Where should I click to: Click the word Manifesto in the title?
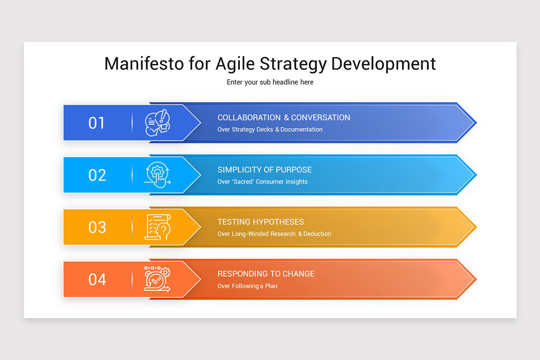[x=144, y=63]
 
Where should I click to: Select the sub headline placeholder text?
[x=270, y=82]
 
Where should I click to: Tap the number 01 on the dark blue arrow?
[x=96, y=123]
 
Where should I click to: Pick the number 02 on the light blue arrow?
[x=97, y=175]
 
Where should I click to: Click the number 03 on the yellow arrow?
[x=97, y=227]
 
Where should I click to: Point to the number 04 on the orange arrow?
[x=97, y=279]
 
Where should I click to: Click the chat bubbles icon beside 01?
[x=157, y=123]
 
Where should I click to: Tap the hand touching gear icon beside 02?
[x=157, y=175]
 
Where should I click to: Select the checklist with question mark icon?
[x=157, y=227]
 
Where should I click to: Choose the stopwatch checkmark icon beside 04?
[x=157, y=279]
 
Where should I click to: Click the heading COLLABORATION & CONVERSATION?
[x=283, y=117]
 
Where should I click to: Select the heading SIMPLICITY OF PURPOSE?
[x=265, y=170]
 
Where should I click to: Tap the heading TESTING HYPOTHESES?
[x=261, y=222]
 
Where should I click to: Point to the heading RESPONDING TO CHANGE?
[x=266, y=274]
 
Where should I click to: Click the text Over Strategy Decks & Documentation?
[x=270, y=130]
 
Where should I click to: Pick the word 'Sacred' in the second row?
[x=245, y=182]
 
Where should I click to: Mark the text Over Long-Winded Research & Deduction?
[x=274, y=234]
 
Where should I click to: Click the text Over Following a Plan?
[x=247, y=286]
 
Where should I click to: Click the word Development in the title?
[x=383, y=63]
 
